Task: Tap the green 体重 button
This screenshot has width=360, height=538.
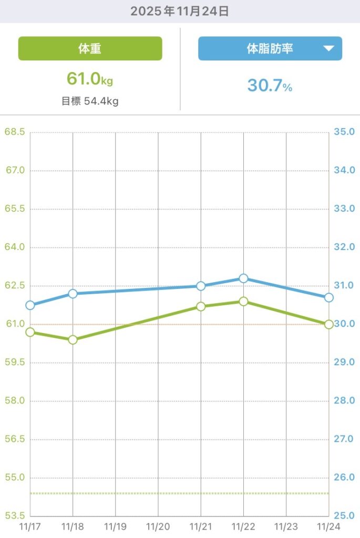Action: tap(90, 49)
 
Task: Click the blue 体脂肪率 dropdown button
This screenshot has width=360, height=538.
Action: tap(270, 49)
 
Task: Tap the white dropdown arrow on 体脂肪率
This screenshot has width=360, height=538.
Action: tap(328, 49)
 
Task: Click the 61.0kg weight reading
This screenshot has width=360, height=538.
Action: tap(90, 79)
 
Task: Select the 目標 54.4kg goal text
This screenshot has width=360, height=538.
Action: tap(90, 101)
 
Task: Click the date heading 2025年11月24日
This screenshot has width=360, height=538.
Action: tap(180, 12)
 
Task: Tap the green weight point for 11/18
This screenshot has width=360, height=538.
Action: tap(73, 340)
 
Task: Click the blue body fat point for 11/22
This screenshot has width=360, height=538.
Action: tap(243, 278)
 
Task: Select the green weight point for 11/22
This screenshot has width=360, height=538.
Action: tap(243, 302)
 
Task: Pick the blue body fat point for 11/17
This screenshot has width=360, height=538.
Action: tap(30, 305)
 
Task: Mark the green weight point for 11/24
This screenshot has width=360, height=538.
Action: tap(329, 325)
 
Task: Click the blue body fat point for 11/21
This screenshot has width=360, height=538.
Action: tap(201, 286)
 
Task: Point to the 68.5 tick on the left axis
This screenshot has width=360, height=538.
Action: tap(15, 132)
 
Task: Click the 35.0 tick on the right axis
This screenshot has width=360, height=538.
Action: tap(345, 132)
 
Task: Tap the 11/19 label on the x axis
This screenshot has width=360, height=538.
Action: tap(115, 525)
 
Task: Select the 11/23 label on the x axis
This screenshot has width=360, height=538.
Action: tap(286, 525)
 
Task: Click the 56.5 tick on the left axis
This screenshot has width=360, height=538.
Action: tap(15, 439)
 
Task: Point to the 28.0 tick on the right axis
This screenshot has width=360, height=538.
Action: tap(345, 401)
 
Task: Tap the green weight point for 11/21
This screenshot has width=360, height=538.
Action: tap(201, 307)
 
